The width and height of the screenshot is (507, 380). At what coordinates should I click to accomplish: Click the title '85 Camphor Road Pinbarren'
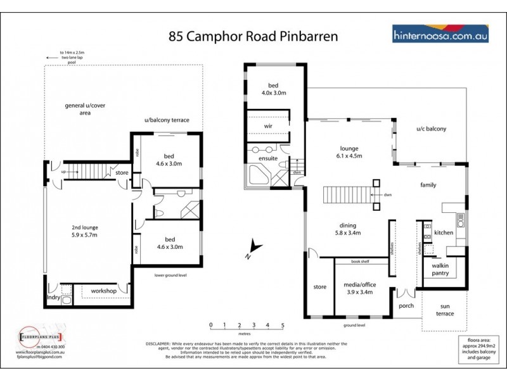click(x=253, y=36)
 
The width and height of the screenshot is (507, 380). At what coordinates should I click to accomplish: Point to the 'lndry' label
click(x=54, y=296)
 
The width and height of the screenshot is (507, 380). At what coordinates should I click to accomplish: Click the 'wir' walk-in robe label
click(x=268, y=125)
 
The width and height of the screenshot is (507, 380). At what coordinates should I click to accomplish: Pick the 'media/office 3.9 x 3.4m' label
click(x=358, y=288)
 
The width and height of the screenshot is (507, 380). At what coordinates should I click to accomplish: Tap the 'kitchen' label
click(x=444, y=232)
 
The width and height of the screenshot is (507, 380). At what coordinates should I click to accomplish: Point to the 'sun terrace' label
click(x=446, y=310)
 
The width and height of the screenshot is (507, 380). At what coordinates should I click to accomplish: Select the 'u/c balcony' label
click(x=431, y=129)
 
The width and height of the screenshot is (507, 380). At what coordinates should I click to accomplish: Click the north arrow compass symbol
click(x=253, y=248)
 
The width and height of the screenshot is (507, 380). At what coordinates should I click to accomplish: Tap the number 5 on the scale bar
click(x=283, y=325)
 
